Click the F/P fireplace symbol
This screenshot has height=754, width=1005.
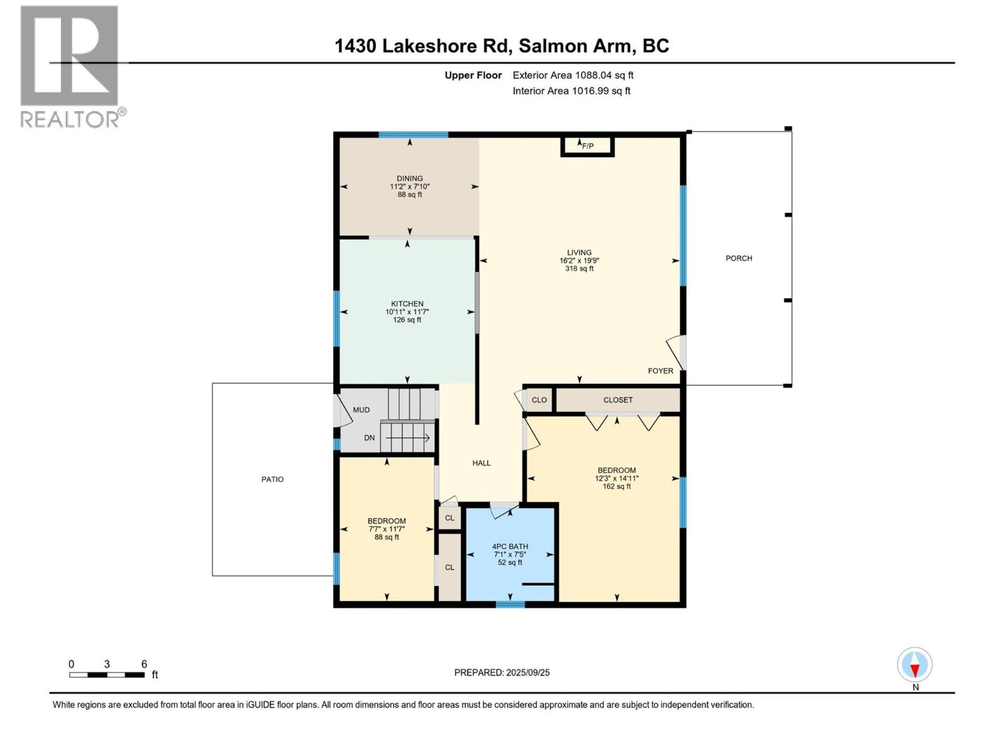(587, 146)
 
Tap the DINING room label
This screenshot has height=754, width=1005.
(410, 178)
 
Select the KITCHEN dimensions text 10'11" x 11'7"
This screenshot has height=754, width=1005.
(407, 312)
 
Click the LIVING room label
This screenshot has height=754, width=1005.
(579, 253)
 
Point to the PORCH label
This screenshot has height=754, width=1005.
(739, 258)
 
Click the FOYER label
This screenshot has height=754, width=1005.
(661, 371)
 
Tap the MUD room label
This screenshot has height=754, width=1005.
(361, 410)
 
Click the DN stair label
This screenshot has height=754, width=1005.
(369, 438)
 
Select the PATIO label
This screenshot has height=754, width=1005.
(273, 479)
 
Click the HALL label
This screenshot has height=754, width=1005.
(482, 463)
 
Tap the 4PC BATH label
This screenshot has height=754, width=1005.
(510, 547)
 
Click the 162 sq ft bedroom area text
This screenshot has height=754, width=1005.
(617, 486)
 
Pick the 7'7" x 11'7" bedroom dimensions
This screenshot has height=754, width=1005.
(387, 529)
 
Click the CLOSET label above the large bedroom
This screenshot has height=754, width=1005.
(618, 400)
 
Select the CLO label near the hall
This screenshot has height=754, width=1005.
(539, 400)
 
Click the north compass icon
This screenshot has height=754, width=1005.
(915, 665)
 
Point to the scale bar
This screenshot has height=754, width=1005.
(107, 675)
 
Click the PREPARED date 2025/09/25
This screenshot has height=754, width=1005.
(502, 672)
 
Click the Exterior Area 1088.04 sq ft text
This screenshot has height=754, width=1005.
(573, 75)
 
